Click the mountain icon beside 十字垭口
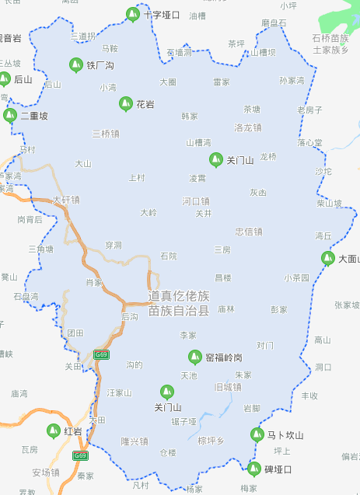[132, 14]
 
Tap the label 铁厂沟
[100, 65]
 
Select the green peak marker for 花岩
[124, 103]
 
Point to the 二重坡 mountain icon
[9, 116]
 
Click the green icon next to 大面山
[328, 259]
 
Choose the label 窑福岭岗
[224, 357]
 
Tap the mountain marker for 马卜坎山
[257, 434]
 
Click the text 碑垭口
[278, 469]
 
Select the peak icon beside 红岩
[54, 431]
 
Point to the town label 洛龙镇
[248, 127]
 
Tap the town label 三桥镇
[105, 134]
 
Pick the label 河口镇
[196, 201]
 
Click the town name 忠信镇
[249, 232]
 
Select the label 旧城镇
[227, 386]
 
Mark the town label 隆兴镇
[134, 441]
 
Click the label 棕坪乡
[211, 441]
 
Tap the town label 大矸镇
[66, 200]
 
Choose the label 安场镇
[45, 472]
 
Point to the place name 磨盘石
[274, 23]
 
